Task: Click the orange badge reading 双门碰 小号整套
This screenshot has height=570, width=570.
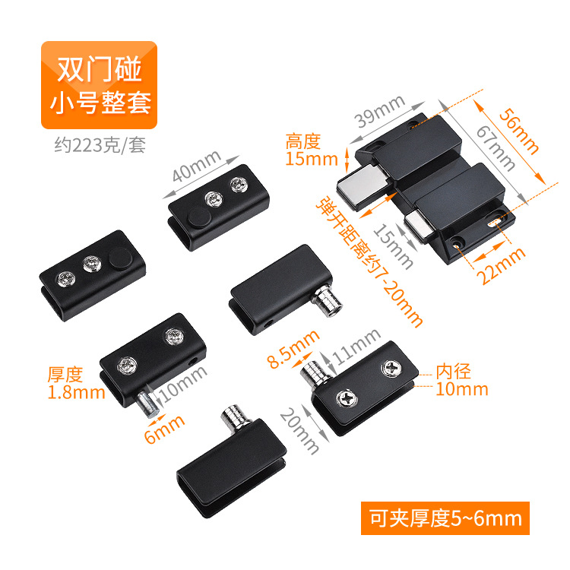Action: (99, 85)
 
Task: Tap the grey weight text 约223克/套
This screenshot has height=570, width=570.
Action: (100, 145)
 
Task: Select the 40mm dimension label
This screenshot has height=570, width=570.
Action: (197, 166)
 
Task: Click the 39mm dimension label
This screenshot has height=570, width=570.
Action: (380, 111)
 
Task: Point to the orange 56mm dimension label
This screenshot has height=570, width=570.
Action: (518, 131)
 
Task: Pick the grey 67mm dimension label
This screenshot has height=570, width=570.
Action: (496, 147)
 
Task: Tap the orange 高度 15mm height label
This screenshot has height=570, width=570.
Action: (312, 150)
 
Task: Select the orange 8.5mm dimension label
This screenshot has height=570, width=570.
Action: (293, 349)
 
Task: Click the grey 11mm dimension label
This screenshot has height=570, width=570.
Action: (356, 347)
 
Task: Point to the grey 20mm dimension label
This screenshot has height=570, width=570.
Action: (299, 430)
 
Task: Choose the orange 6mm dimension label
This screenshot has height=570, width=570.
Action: (164, 429)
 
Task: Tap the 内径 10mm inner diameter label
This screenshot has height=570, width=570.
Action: (461, 380)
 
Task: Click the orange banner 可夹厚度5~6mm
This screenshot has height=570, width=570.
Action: (445, 518)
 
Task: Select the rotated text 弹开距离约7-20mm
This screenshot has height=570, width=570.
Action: (369, 262)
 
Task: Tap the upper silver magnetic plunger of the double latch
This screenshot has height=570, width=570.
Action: (363, 186)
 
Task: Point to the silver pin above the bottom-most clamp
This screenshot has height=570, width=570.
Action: (236, 418)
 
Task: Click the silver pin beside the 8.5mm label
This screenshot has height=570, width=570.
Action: (315, 375)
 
